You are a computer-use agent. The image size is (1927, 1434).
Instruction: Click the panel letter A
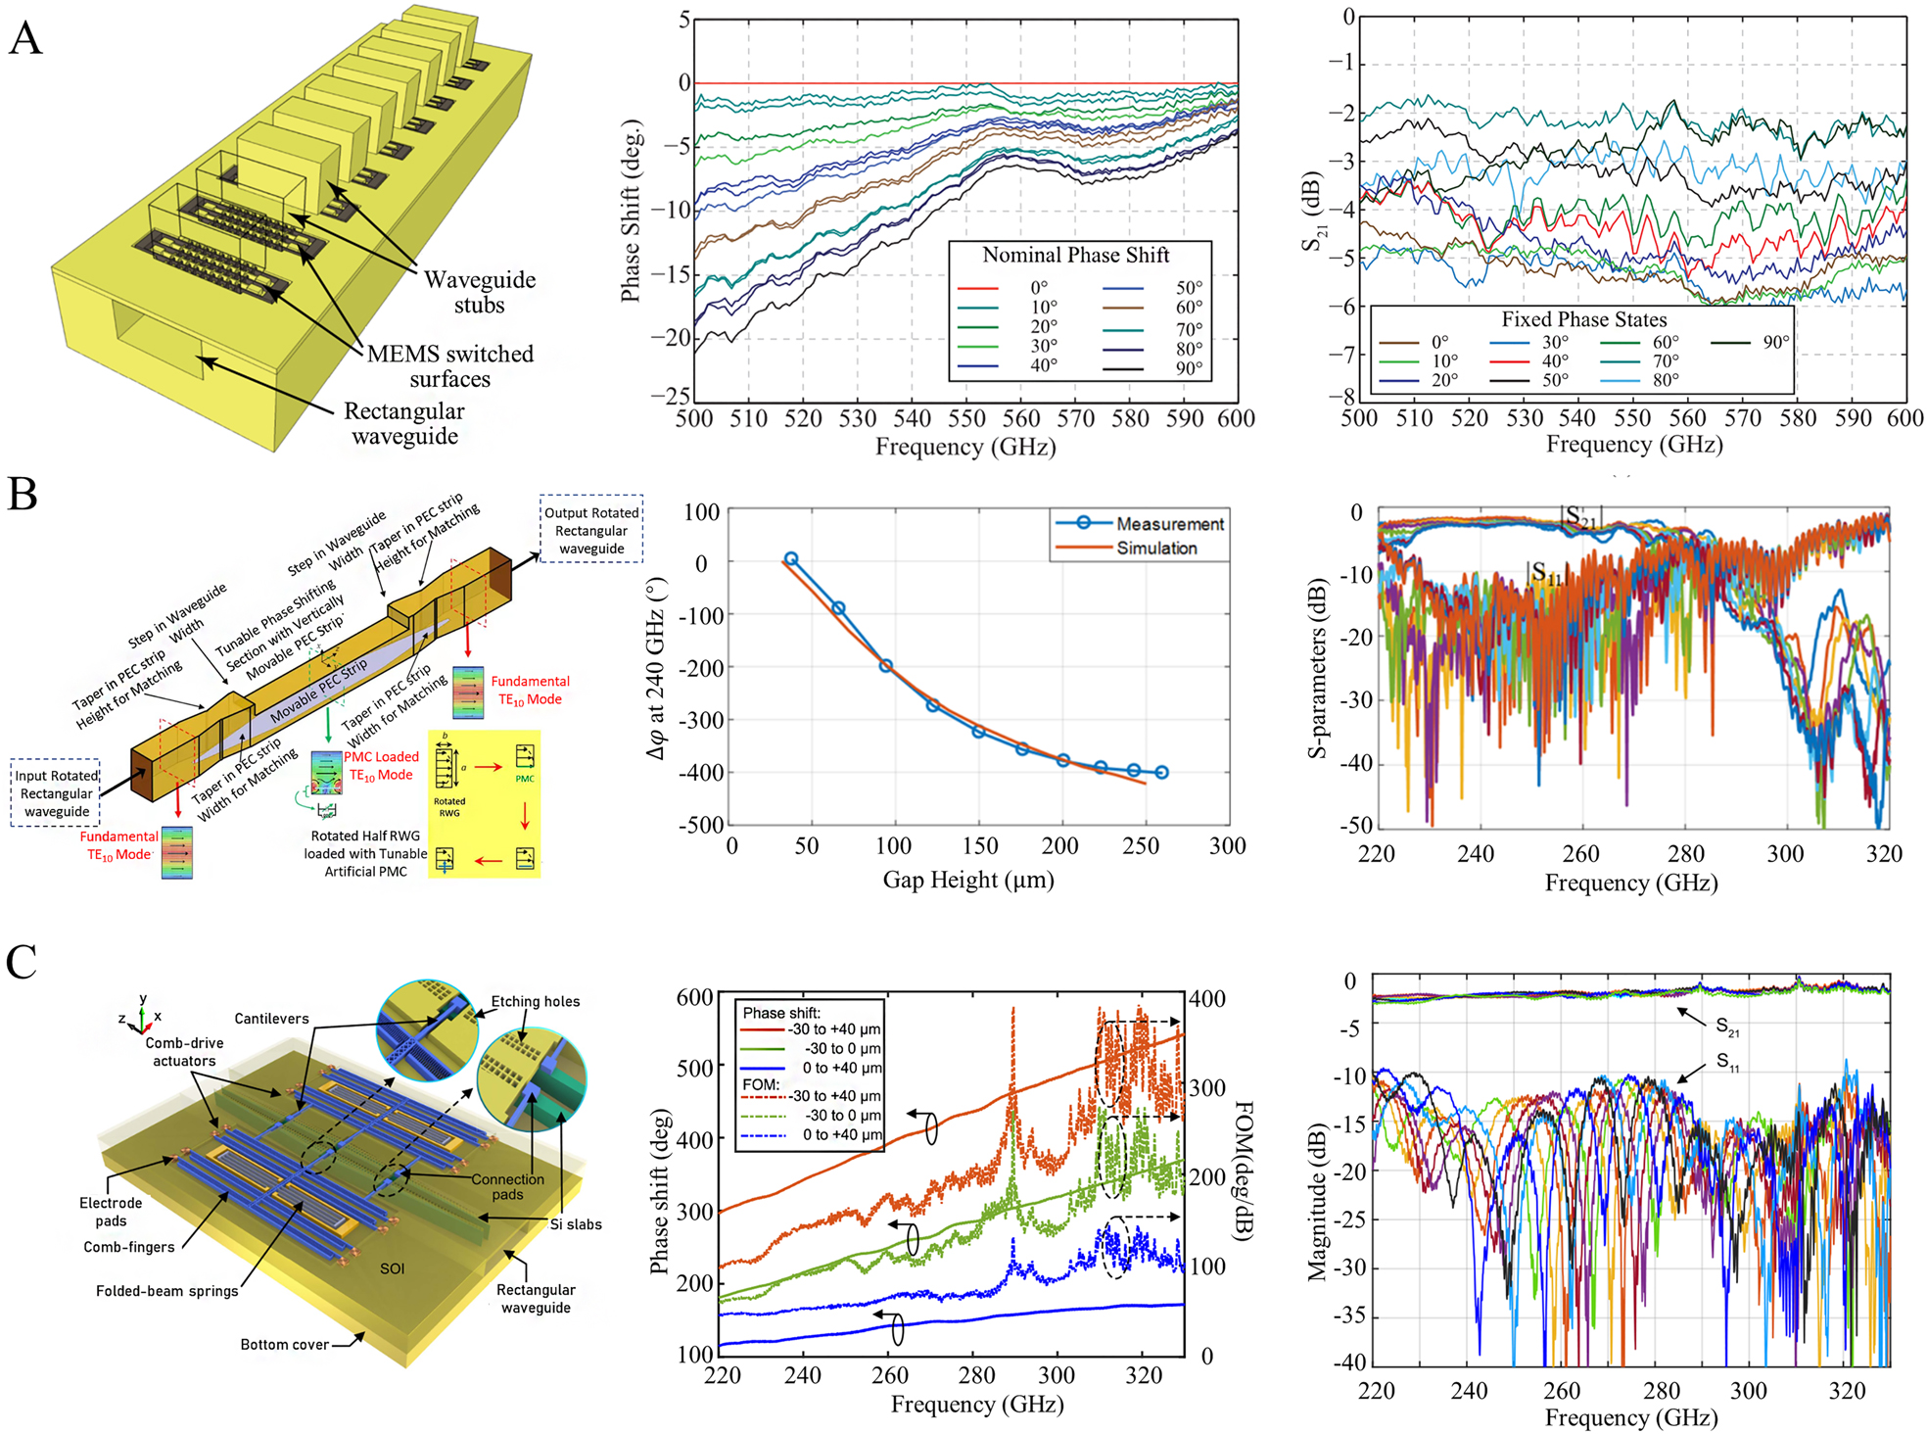[25, 39]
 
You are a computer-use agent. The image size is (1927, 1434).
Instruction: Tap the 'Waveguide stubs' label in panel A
[479, 292]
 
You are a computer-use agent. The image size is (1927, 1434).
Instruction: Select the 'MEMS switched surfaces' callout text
[449, 365]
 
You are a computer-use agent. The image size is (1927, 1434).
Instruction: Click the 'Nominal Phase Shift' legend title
[1075, 256]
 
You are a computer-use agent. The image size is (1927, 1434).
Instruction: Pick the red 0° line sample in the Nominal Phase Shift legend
[977, 289]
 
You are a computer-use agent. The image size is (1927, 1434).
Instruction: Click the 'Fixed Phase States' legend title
[1583, 319]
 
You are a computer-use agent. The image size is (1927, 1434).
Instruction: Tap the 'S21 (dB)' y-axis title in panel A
[1313, 212]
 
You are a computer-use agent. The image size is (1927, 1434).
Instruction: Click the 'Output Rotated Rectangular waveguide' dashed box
[591, 530]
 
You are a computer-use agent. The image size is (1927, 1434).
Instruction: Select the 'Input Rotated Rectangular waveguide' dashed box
[56, 793]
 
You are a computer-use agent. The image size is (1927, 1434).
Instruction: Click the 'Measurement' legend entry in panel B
[1169, 524]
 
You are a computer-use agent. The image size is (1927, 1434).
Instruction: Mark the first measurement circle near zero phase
[791, 559]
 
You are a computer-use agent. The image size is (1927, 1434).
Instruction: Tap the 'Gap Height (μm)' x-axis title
[967, 880]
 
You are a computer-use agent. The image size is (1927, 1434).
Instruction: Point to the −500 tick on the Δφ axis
[701, 825]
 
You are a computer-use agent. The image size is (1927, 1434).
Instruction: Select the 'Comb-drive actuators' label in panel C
[184, 1052]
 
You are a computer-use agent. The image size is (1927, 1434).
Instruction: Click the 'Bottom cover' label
[284, 1345]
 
